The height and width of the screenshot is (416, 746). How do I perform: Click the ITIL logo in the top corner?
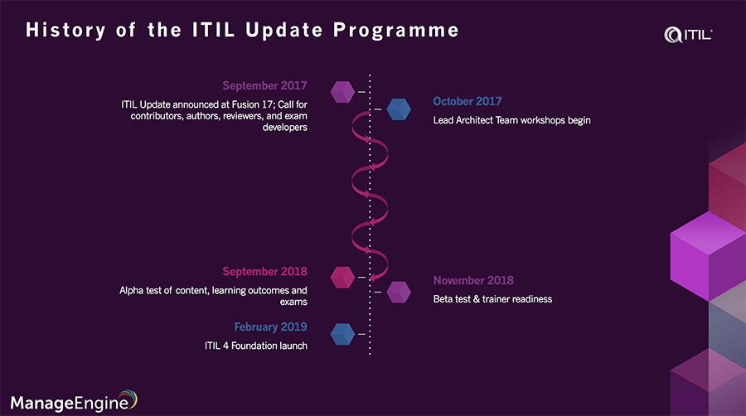[x=688, y=35]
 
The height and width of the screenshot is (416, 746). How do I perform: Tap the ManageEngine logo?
[x=74, y=401]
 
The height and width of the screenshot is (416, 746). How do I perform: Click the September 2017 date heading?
[x=264, y=85]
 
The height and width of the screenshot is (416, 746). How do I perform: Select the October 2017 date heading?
[x=467, y=101]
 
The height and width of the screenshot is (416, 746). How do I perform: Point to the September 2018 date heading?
[x=264, y=272]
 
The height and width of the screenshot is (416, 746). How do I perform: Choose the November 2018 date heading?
[x=473, y=280]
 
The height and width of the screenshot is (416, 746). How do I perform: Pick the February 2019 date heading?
[x=270, y=327]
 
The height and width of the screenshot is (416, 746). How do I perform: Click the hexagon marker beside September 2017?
[x=342, y=92]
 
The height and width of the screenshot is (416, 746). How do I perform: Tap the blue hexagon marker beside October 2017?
[x=399, y=109]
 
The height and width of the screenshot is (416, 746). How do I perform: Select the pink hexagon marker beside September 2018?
[x=342, y=277]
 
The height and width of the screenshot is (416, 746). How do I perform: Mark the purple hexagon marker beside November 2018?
[x=399, y=292]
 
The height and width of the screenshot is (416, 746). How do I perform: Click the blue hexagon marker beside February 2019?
[x=342, y=334]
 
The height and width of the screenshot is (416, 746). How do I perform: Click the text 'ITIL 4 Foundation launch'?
[x=256, y=346]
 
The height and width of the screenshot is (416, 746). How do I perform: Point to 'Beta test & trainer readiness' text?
[x=492, y=299]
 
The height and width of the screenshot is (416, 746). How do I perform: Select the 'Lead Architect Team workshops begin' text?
[x=511, y=120]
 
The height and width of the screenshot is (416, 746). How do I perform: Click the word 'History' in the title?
[x=65, y=31]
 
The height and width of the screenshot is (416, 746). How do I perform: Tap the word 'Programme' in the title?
[x=396, y=31]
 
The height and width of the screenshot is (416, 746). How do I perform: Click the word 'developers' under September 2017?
[x=284, y=128]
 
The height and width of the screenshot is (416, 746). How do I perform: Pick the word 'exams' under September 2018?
[x=293, y=302]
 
